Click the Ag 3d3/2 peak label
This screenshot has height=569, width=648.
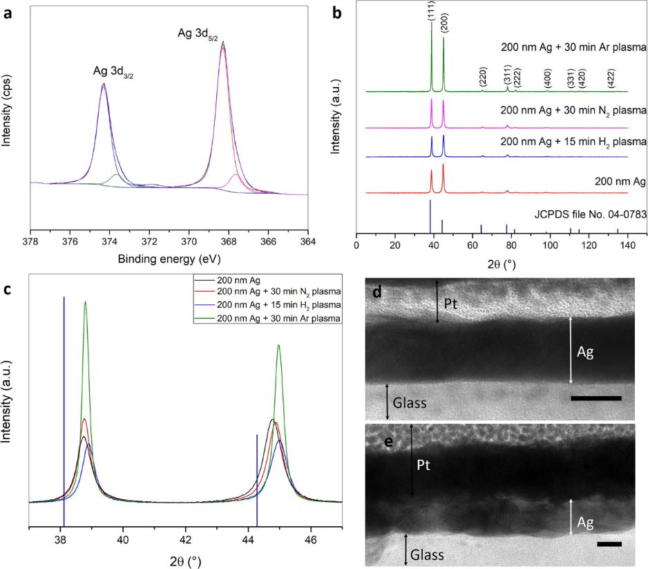[x=113, y=71]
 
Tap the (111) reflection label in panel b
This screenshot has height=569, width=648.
[x=432, y=12]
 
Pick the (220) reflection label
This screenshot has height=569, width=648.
[x=483, y=77]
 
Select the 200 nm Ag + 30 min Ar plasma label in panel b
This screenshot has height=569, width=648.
[x=573, y=48]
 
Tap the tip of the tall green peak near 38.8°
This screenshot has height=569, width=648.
[x=86, y=301]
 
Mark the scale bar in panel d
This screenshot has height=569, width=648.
[x=596, y=398]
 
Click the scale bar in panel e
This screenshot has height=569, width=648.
[x=609, y=544]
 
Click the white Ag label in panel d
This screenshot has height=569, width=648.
[x=584, y=352]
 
